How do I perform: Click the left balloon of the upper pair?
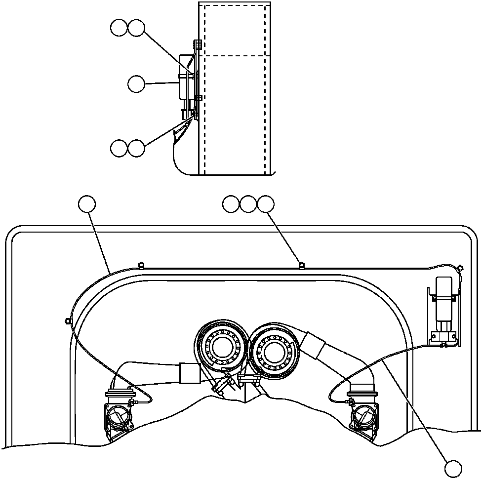(x=119, y=28)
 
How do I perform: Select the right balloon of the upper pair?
(x=136, y=28)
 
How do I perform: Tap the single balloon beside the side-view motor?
(x=136, y=84)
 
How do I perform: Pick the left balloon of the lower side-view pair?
(x=119, y=148)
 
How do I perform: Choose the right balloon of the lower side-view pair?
(x=136, y=148)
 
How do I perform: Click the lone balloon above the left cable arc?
(x=87, y=204)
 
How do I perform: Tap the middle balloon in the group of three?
(x=248, y=204)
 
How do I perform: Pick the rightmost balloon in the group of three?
(x=266, y=204)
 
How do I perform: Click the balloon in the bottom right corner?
(x=453, y=468)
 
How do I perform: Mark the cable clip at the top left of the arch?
(x=141, y=266)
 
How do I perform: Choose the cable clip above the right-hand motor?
(x=460, y=268)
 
